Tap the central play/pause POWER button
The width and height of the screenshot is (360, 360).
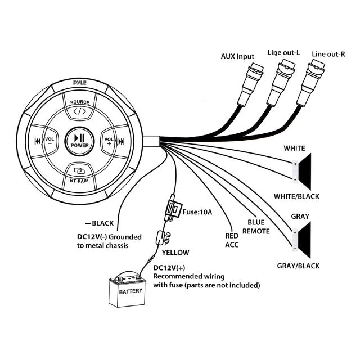tap(80, 139)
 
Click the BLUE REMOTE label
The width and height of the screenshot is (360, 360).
tap(256, 227)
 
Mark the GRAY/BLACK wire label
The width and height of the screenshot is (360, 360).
tap(298, 265)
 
